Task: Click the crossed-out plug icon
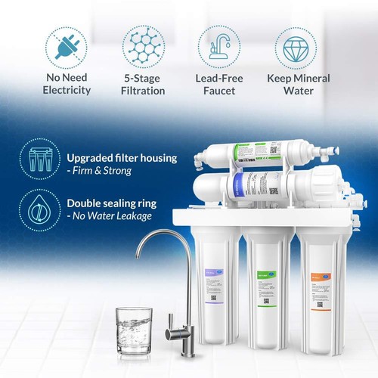tap(66, 47)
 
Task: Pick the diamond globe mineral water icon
tap(299, 47)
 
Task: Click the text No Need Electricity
tap(66, 84)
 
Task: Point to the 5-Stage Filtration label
tap(144, 84)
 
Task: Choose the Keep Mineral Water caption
tap(299, 84)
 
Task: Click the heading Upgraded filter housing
tap(122, 158)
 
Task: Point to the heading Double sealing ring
tap(114, 203)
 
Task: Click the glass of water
tap(134, 330)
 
